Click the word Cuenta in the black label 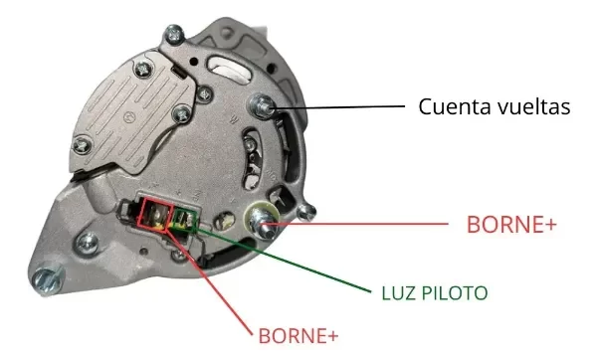[451, 106]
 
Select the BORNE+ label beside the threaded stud [511, 225]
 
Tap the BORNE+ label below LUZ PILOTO [298, 336]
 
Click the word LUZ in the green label [397, 293]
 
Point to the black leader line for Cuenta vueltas [338, 107]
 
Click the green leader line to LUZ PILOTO [283, 260]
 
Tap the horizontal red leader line [359, 224]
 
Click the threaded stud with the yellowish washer [262, 222]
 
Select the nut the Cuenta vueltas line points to [262, 105]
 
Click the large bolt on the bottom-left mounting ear [47, 279]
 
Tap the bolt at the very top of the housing [174, 35]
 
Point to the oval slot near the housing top [230, 72]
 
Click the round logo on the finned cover [130, 116]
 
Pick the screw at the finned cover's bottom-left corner [83, 145]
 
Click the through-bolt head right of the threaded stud [306, 212]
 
